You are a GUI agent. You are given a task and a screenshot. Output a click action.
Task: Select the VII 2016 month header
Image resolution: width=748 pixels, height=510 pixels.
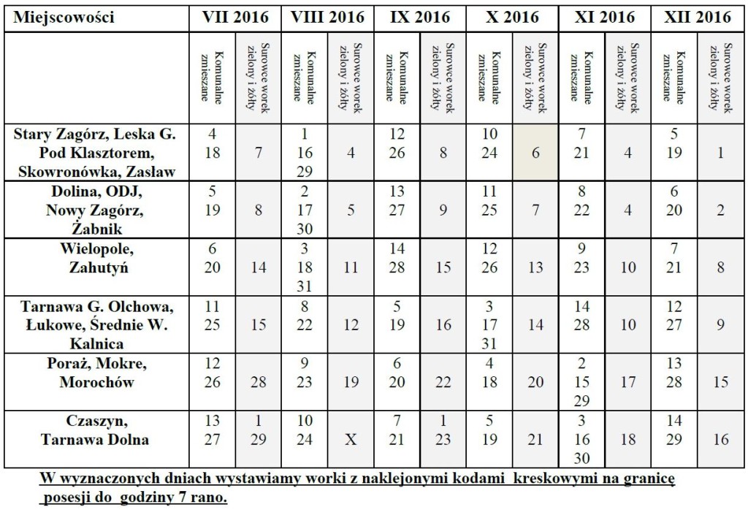(x=235, y=18)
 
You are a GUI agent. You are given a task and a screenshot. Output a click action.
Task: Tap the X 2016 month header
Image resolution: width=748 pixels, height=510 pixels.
(x=512, y=18)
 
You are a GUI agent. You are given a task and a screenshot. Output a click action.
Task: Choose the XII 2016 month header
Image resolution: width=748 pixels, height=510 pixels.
(x=698, y=18)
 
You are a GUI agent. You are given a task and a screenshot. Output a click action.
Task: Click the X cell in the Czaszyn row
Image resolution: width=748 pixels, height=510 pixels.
(x=351, y=439)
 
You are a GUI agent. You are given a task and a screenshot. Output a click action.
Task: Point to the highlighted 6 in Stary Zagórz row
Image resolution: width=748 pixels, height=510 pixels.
(x=535, y=153)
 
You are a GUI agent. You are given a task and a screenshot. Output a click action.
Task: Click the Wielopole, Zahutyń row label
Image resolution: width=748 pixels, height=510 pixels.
(x=97, y=258)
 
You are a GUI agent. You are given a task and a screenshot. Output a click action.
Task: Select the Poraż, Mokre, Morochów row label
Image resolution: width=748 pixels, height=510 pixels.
(x=97, y=373)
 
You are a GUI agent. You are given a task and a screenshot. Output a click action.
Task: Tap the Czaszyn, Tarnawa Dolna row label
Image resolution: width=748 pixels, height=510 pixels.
(x=96, y=430)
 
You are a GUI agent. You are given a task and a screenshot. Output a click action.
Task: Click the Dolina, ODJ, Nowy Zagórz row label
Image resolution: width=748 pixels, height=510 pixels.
(x=96, y=210)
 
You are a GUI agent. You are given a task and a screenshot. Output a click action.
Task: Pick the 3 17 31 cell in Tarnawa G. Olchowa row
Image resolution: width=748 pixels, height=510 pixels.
(x=489, y=324)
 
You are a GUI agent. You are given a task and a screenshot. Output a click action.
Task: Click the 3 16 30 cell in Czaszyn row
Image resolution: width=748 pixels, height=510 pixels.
(x=581, y=439)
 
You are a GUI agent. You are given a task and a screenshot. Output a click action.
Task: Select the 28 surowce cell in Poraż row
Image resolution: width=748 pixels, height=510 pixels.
(x=258, y=381)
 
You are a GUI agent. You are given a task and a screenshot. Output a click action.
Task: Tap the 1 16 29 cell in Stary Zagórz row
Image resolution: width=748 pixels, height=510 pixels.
(x=305, y=153)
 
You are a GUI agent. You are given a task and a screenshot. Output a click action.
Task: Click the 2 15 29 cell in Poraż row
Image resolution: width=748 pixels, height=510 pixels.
(x=581, y=381)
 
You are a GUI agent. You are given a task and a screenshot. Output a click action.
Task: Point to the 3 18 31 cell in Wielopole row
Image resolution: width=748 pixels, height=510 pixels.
(x=305, y=267)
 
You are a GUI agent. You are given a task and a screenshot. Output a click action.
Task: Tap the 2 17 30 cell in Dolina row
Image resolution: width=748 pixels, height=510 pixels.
(x=305, y=210)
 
